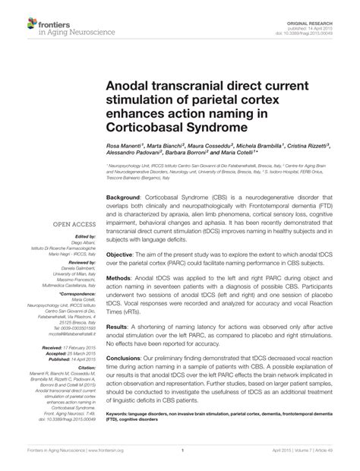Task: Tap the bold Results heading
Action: point(118,327)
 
